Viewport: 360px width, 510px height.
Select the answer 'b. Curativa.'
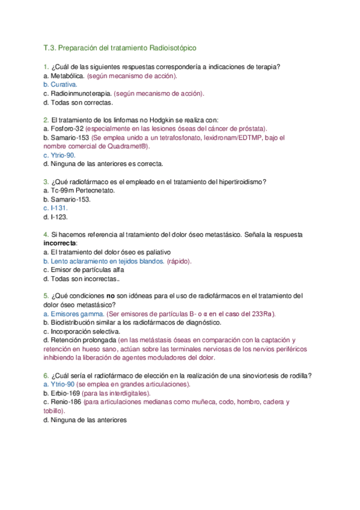(60, 85)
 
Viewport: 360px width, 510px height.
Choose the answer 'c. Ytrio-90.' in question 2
(59, 155)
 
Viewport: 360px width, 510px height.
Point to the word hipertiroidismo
(243, 182)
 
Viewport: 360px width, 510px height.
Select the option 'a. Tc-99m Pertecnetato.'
(79, 190)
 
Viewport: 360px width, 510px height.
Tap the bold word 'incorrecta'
(61, 243)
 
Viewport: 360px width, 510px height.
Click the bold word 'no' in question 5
(111, 296)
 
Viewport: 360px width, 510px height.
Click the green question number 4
(46, 234)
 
